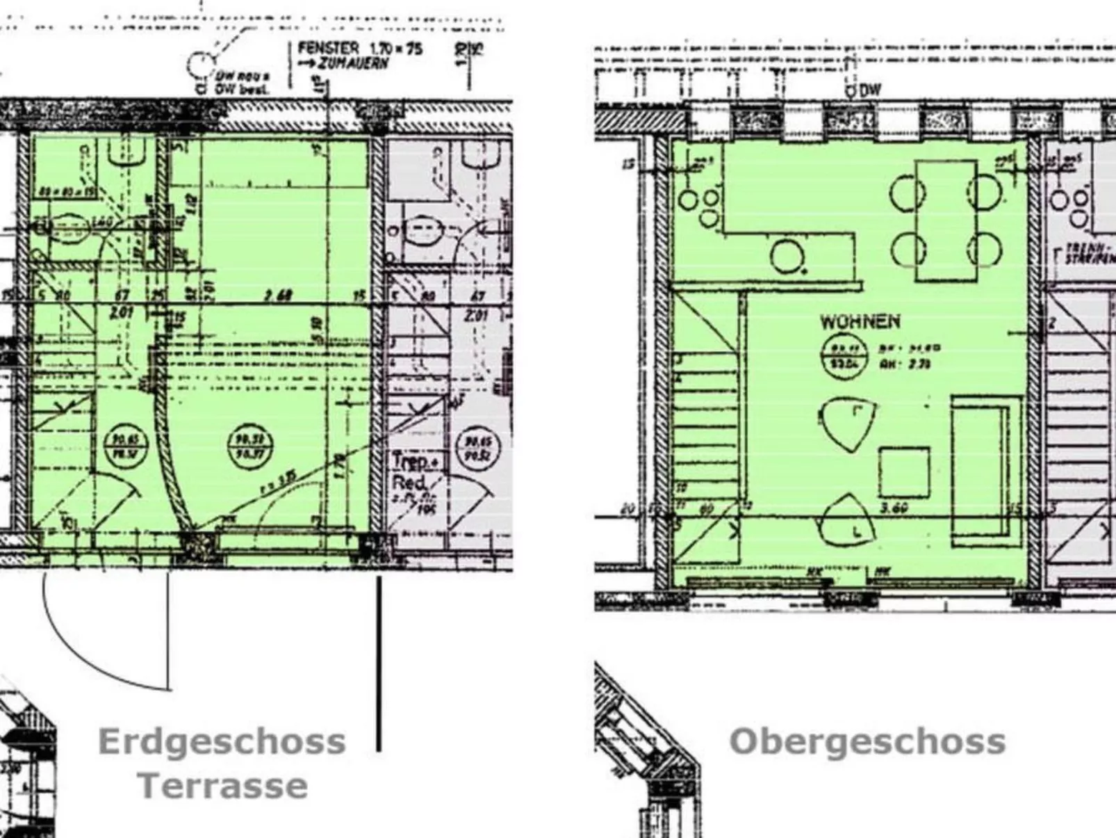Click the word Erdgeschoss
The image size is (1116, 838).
click(x=222, y=741)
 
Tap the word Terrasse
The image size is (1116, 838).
click(x=222, y=786)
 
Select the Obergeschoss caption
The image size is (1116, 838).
click(x=867, y=741)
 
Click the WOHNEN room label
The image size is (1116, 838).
click(x=860, y=322)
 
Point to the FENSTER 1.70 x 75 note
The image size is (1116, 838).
click(x=360, y=49)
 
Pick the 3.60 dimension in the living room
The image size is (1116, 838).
click(x=894, y=508)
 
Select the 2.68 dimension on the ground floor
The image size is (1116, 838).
click(x=277, y=296)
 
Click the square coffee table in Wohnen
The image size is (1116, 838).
click(x=903, y=472)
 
